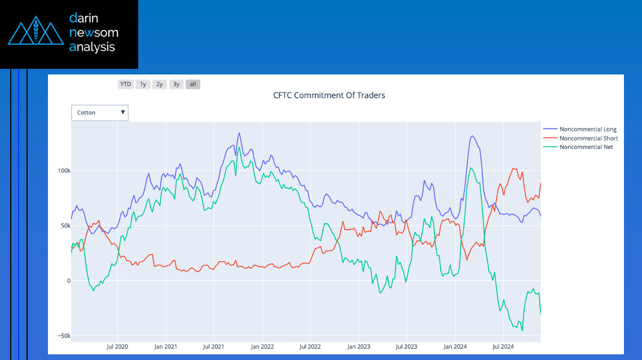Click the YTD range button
(x=125, y=84)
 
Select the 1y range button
(x=143, y=84)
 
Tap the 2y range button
(x=160, y=84)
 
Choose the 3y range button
(x=176, y=84)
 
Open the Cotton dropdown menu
(x=100, y=113)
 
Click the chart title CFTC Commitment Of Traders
(x=329, y=95)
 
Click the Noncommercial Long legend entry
(x=588, y=130)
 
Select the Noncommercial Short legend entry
(x=588, y=138)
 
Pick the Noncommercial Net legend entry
(x=586, y=147)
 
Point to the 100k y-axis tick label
(x=63, y=170)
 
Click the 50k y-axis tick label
(x=64, y=226)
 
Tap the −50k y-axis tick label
(x=63, y=336)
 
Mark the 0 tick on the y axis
(x=68, y=280)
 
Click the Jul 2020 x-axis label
(x=117, y=346)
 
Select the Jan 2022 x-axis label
(x=262, y=346)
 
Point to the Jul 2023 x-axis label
(x=407, y=346)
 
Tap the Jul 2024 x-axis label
(x=503, y=346)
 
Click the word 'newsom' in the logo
(x=93, y=33)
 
